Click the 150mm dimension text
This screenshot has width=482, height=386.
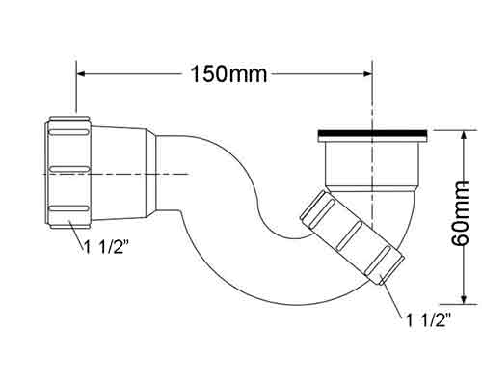[229, 74]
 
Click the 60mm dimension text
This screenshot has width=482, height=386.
[460, 213]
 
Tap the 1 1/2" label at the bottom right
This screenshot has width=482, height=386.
[429, 320]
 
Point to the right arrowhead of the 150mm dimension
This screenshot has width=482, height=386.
[367, 74]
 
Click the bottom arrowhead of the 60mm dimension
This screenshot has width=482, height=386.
[463, 299]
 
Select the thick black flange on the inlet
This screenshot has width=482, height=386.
[372, 133]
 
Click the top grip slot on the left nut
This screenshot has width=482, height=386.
[68, 132]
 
